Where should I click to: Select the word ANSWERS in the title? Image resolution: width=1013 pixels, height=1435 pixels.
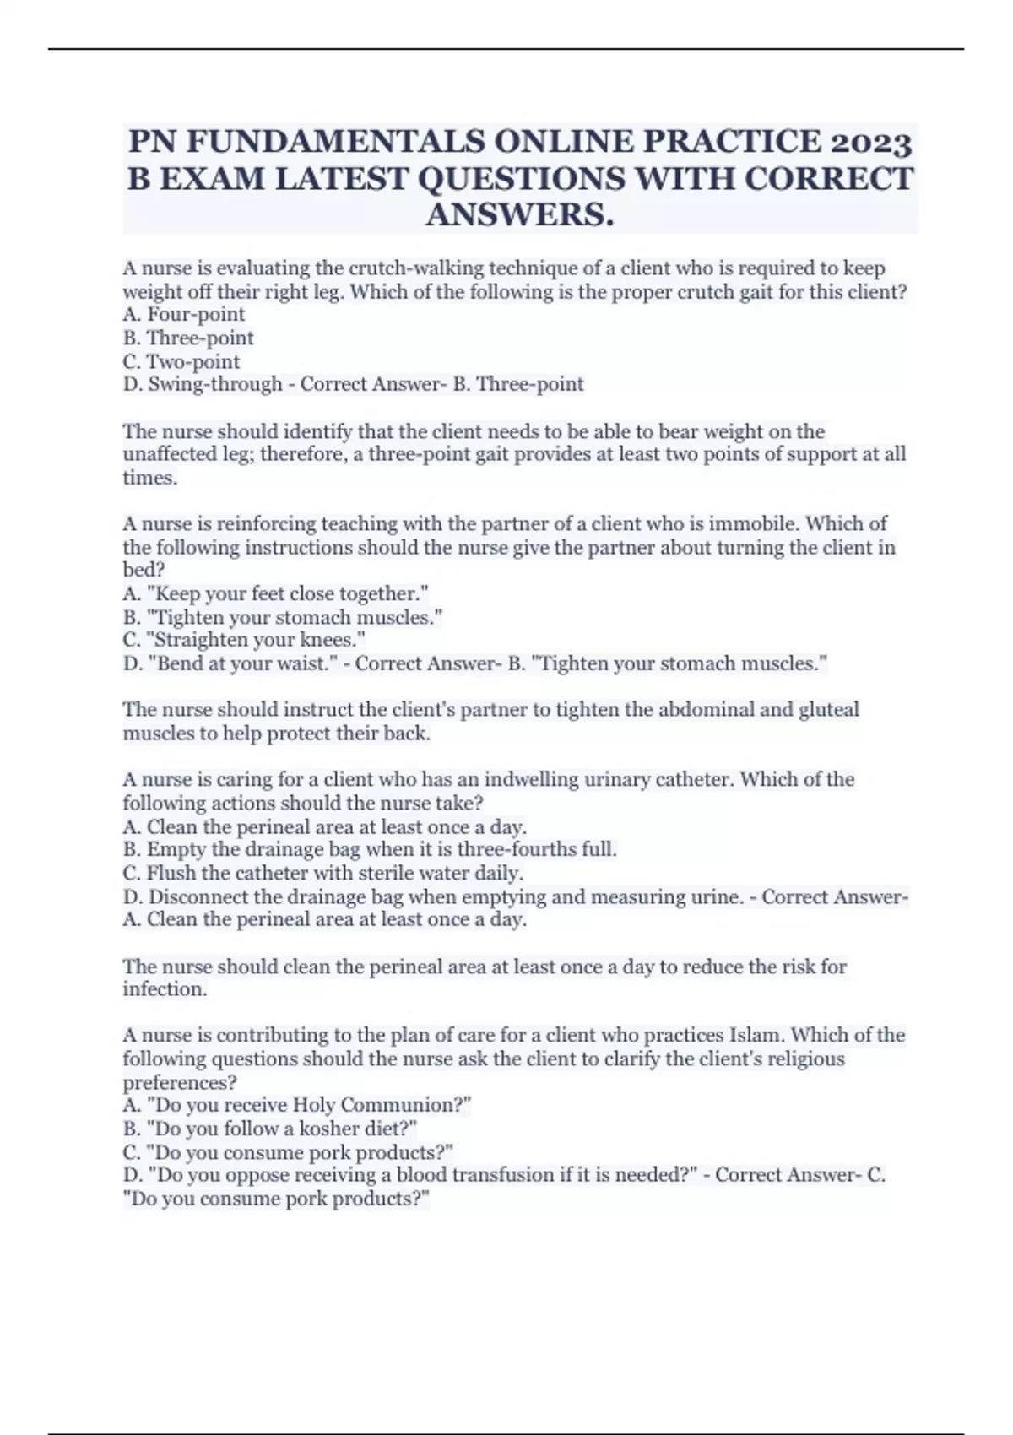(x=519, y=215)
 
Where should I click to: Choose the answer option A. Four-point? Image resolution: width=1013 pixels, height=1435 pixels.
(x=184, y=315)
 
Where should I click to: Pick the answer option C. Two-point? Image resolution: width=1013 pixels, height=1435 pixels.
(x=181, y=362)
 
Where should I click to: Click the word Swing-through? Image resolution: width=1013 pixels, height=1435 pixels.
(x=215, y=385)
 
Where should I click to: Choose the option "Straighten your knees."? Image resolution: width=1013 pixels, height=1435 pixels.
(x=244, y=640)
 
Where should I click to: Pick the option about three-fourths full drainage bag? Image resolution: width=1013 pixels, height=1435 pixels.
(x=370, y=849)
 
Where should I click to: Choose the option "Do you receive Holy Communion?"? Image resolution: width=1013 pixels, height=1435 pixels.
(x=297, y=1106)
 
